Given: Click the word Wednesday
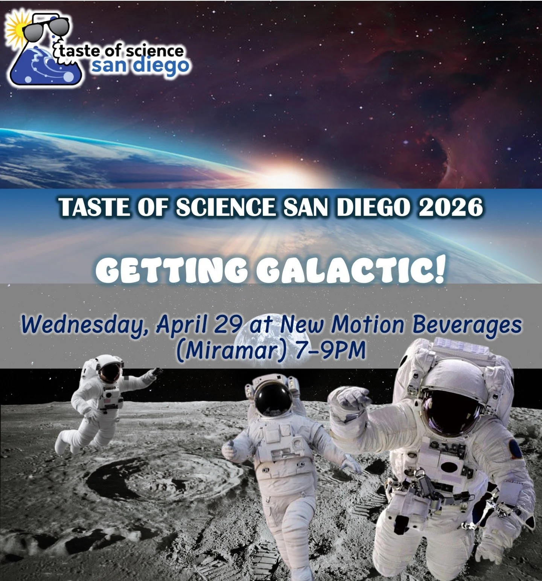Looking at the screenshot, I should pyautogui.click(x=82, y=325).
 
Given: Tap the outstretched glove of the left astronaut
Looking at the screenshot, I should pyautogui.click(x=155, y=373).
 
